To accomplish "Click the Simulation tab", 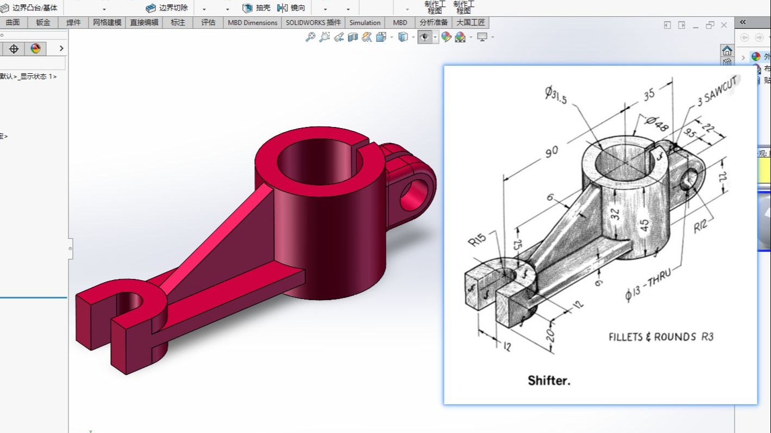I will [365, 23].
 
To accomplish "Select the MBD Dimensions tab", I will [252, 23].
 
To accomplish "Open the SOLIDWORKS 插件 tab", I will [313, 23].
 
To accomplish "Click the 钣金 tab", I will [43, 23].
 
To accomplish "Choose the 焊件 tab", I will [73, 23].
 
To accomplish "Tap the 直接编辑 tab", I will [144, 23].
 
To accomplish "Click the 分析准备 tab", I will [434, 23].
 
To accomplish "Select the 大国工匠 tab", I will [471, 23].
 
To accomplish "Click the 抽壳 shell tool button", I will [256, 8].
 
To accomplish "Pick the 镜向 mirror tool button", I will [291, 8].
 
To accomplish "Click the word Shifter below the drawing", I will [549, 380].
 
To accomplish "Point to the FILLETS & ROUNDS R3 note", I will [661, 337].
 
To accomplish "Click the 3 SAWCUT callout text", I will [718, 91].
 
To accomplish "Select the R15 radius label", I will [477, 240].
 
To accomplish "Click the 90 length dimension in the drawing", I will [551, 152].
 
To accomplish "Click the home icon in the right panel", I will [727, 50].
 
